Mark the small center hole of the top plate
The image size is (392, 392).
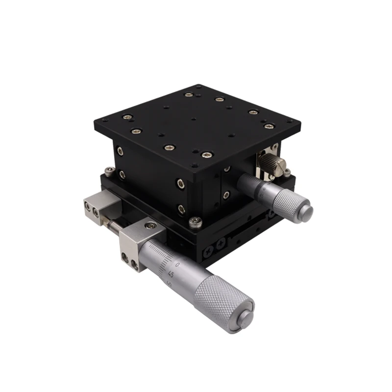point(194,119)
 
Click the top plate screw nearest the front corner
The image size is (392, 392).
point(206,155)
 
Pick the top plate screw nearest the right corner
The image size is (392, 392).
point(268,126)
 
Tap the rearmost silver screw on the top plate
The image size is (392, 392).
point(188,95)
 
